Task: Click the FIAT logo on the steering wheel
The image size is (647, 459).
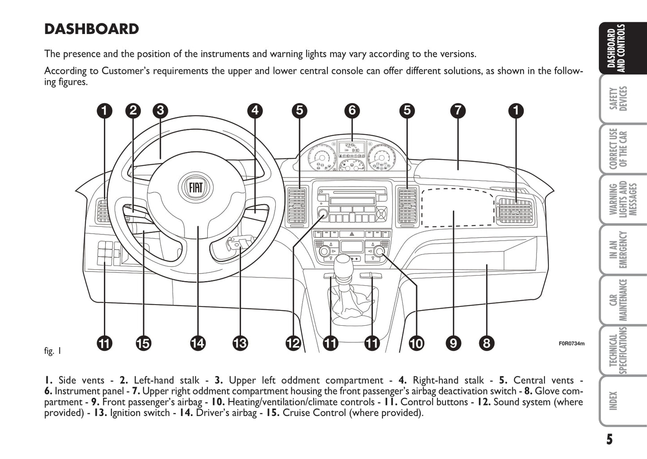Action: pos(196,187)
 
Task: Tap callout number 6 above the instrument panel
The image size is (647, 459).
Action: pos(352,110)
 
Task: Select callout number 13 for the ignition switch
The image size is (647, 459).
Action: pos(240,343)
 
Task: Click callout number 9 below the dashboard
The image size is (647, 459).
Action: pos(453,343)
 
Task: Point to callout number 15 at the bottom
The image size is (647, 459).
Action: pos(143,343)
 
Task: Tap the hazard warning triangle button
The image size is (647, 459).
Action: pos(351,234)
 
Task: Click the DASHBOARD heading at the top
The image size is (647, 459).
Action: pos(91,29)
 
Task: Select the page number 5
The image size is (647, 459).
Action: pos(609,439)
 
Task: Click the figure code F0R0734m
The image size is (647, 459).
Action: pos(571,344)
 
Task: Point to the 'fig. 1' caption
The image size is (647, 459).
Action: pos(52,351)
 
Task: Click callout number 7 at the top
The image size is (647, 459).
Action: pos(458,110)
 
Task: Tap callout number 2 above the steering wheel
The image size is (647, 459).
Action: pos(133,110)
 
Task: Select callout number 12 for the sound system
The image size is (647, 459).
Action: pos(293,343)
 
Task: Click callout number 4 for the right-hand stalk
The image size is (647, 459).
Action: pos(255,110)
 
